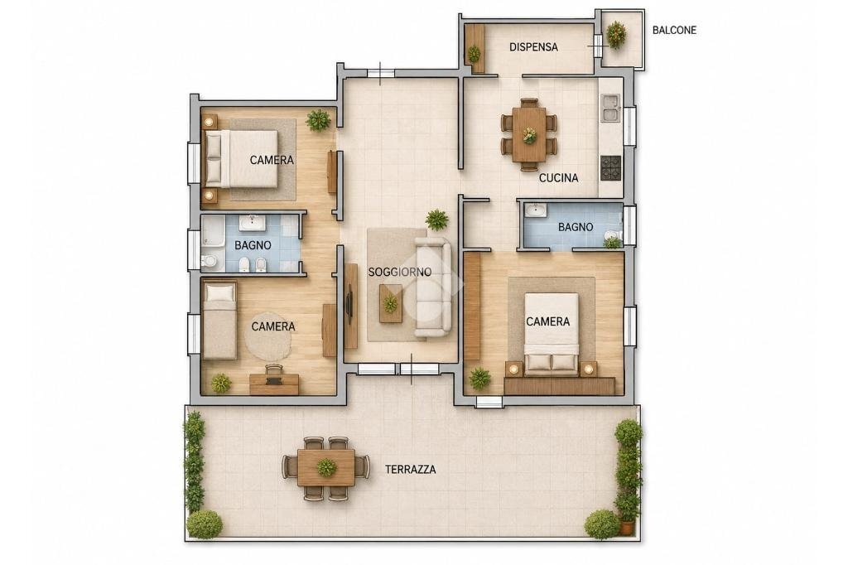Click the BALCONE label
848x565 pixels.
[x=674, y=31]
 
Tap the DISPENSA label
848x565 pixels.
[x=533, y=47]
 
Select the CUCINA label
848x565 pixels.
[x=559, y=177]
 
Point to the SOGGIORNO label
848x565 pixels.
[x=400, y=272]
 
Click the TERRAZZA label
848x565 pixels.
[x=411, y=469]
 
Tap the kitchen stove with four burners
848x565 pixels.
[x=612, y=168]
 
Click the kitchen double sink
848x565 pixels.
[x=610, y=108]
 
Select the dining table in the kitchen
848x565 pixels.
[x=529, y=133]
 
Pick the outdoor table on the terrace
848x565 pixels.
[x=326, y=466]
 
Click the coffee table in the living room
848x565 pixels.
[x=391, y=303]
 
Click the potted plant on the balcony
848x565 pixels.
[x=616, y=35]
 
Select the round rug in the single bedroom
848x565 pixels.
[x=267, y=336]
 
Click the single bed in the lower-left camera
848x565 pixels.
[x=219, y=320]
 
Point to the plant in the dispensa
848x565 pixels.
[x=474, y=54]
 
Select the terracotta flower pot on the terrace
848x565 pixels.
[x=626, y=527]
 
